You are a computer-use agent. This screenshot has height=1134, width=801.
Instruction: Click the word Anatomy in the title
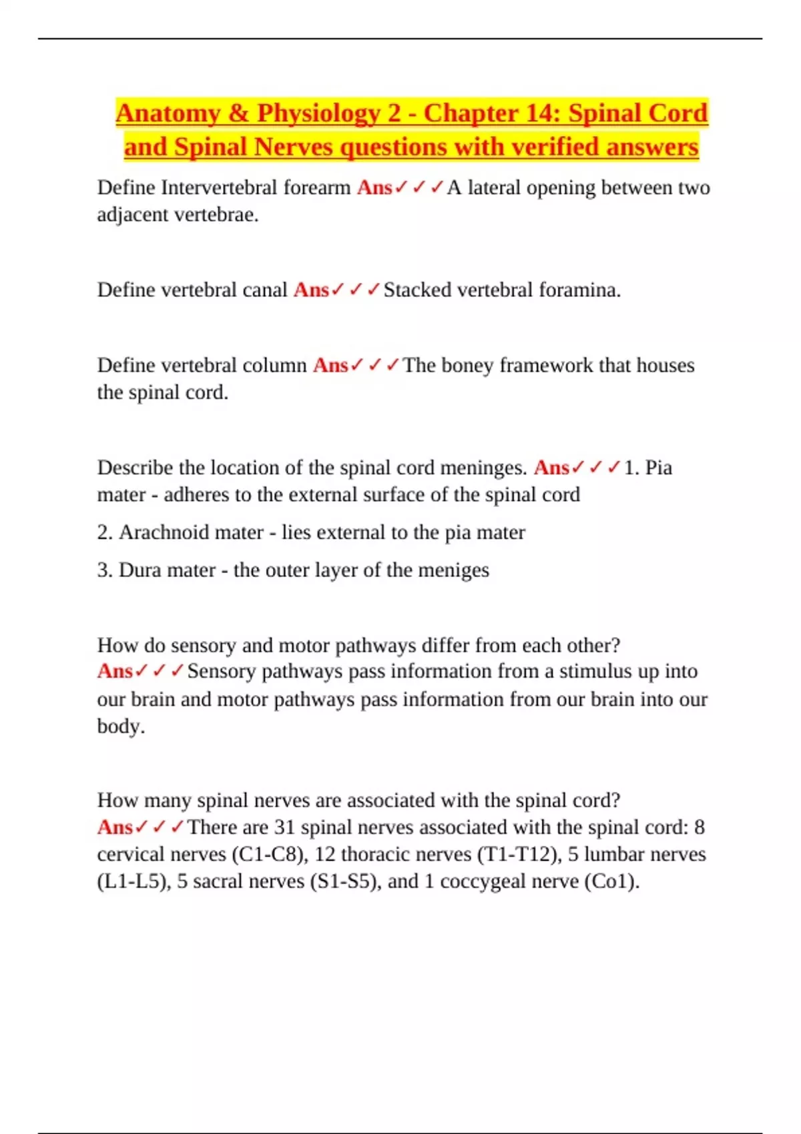click(168, 114)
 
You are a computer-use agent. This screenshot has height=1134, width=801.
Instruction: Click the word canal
click(264, 290)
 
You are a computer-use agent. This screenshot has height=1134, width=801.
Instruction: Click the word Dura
click(138, 570)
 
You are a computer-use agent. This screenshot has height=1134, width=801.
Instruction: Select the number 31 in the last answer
click(284, 827)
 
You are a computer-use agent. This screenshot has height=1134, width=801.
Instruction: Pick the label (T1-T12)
click(519, 855)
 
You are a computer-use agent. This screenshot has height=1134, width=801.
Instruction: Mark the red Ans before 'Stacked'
click(311, 290)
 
